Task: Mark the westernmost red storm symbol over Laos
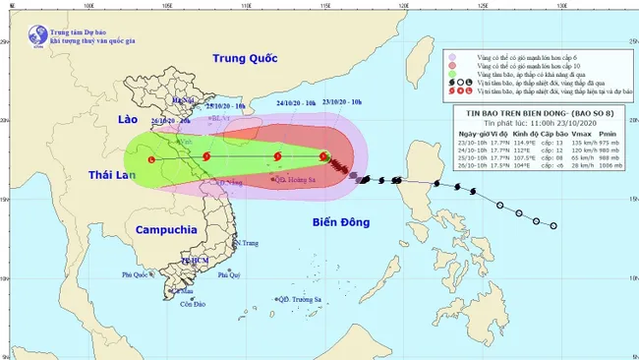point(150,160)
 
